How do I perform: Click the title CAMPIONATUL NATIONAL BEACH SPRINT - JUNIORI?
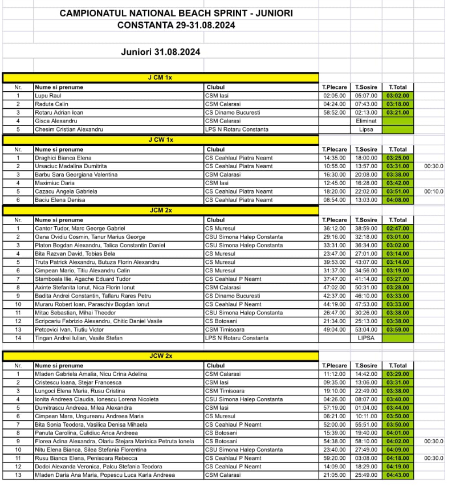(176, 13)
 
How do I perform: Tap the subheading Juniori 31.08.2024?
(160, 52)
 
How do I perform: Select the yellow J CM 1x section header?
(160, 77)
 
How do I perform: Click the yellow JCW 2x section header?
(160, 356)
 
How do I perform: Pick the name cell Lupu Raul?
(48, 96)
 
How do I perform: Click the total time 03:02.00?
(397, 96)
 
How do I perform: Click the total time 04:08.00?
(397, 200)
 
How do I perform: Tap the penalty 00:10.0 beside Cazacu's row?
(434, 191)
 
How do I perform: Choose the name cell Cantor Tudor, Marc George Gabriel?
(80, 228)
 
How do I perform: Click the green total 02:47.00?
(397, 228)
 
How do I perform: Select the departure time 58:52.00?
(335, 112)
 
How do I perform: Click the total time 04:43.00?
(397, 475)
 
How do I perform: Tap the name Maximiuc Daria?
(55, 183)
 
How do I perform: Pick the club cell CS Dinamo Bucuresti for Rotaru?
(233, 112)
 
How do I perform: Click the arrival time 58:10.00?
(366, 442)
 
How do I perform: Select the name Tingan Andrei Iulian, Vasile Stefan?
(77, 338)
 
